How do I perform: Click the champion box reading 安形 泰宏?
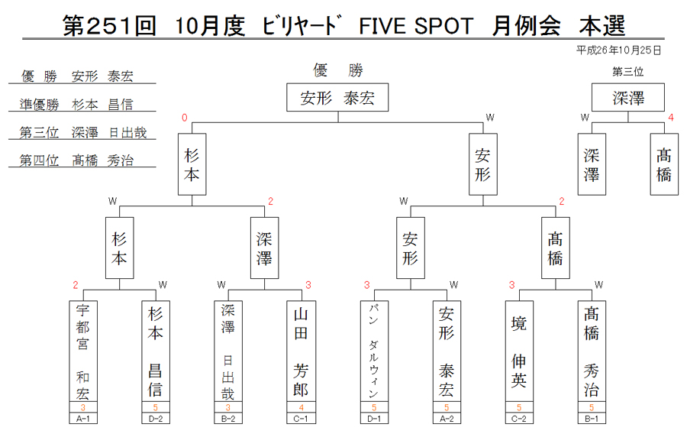pos(337,97)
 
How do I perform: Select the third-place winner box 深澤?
pos(628,97)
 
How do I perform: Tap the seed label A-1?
pos(83,419)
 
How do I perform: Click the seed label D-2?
pos(156,419)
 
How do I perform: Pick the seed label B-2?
pos(227,419)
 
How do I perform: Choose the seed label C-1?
pos(301,419)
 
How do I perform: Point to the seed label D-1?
pos(374,419)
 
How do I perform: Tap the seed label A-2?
pos(447,419)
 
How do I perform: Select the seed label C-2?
pos(519,419)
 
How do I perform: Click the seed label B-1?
pos(592,419)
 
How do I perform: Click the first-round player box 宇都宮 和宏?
pos(83,351)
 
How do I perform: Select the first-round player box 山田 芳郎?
pos(301,351)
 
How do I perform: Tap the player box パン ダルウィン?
pos(374,351)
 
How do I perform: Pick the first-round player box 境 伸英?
pos(519,351)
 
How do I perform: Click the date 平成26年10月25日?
pos(618,50)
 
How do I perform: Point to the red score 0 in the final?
pos(185,118)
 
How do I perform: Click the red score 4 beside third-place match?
pos(671,118)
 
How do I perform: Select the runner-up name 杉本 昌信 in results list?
pos(102,105)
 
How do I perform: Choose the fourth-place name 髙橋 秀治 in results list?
pos(102,160)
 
